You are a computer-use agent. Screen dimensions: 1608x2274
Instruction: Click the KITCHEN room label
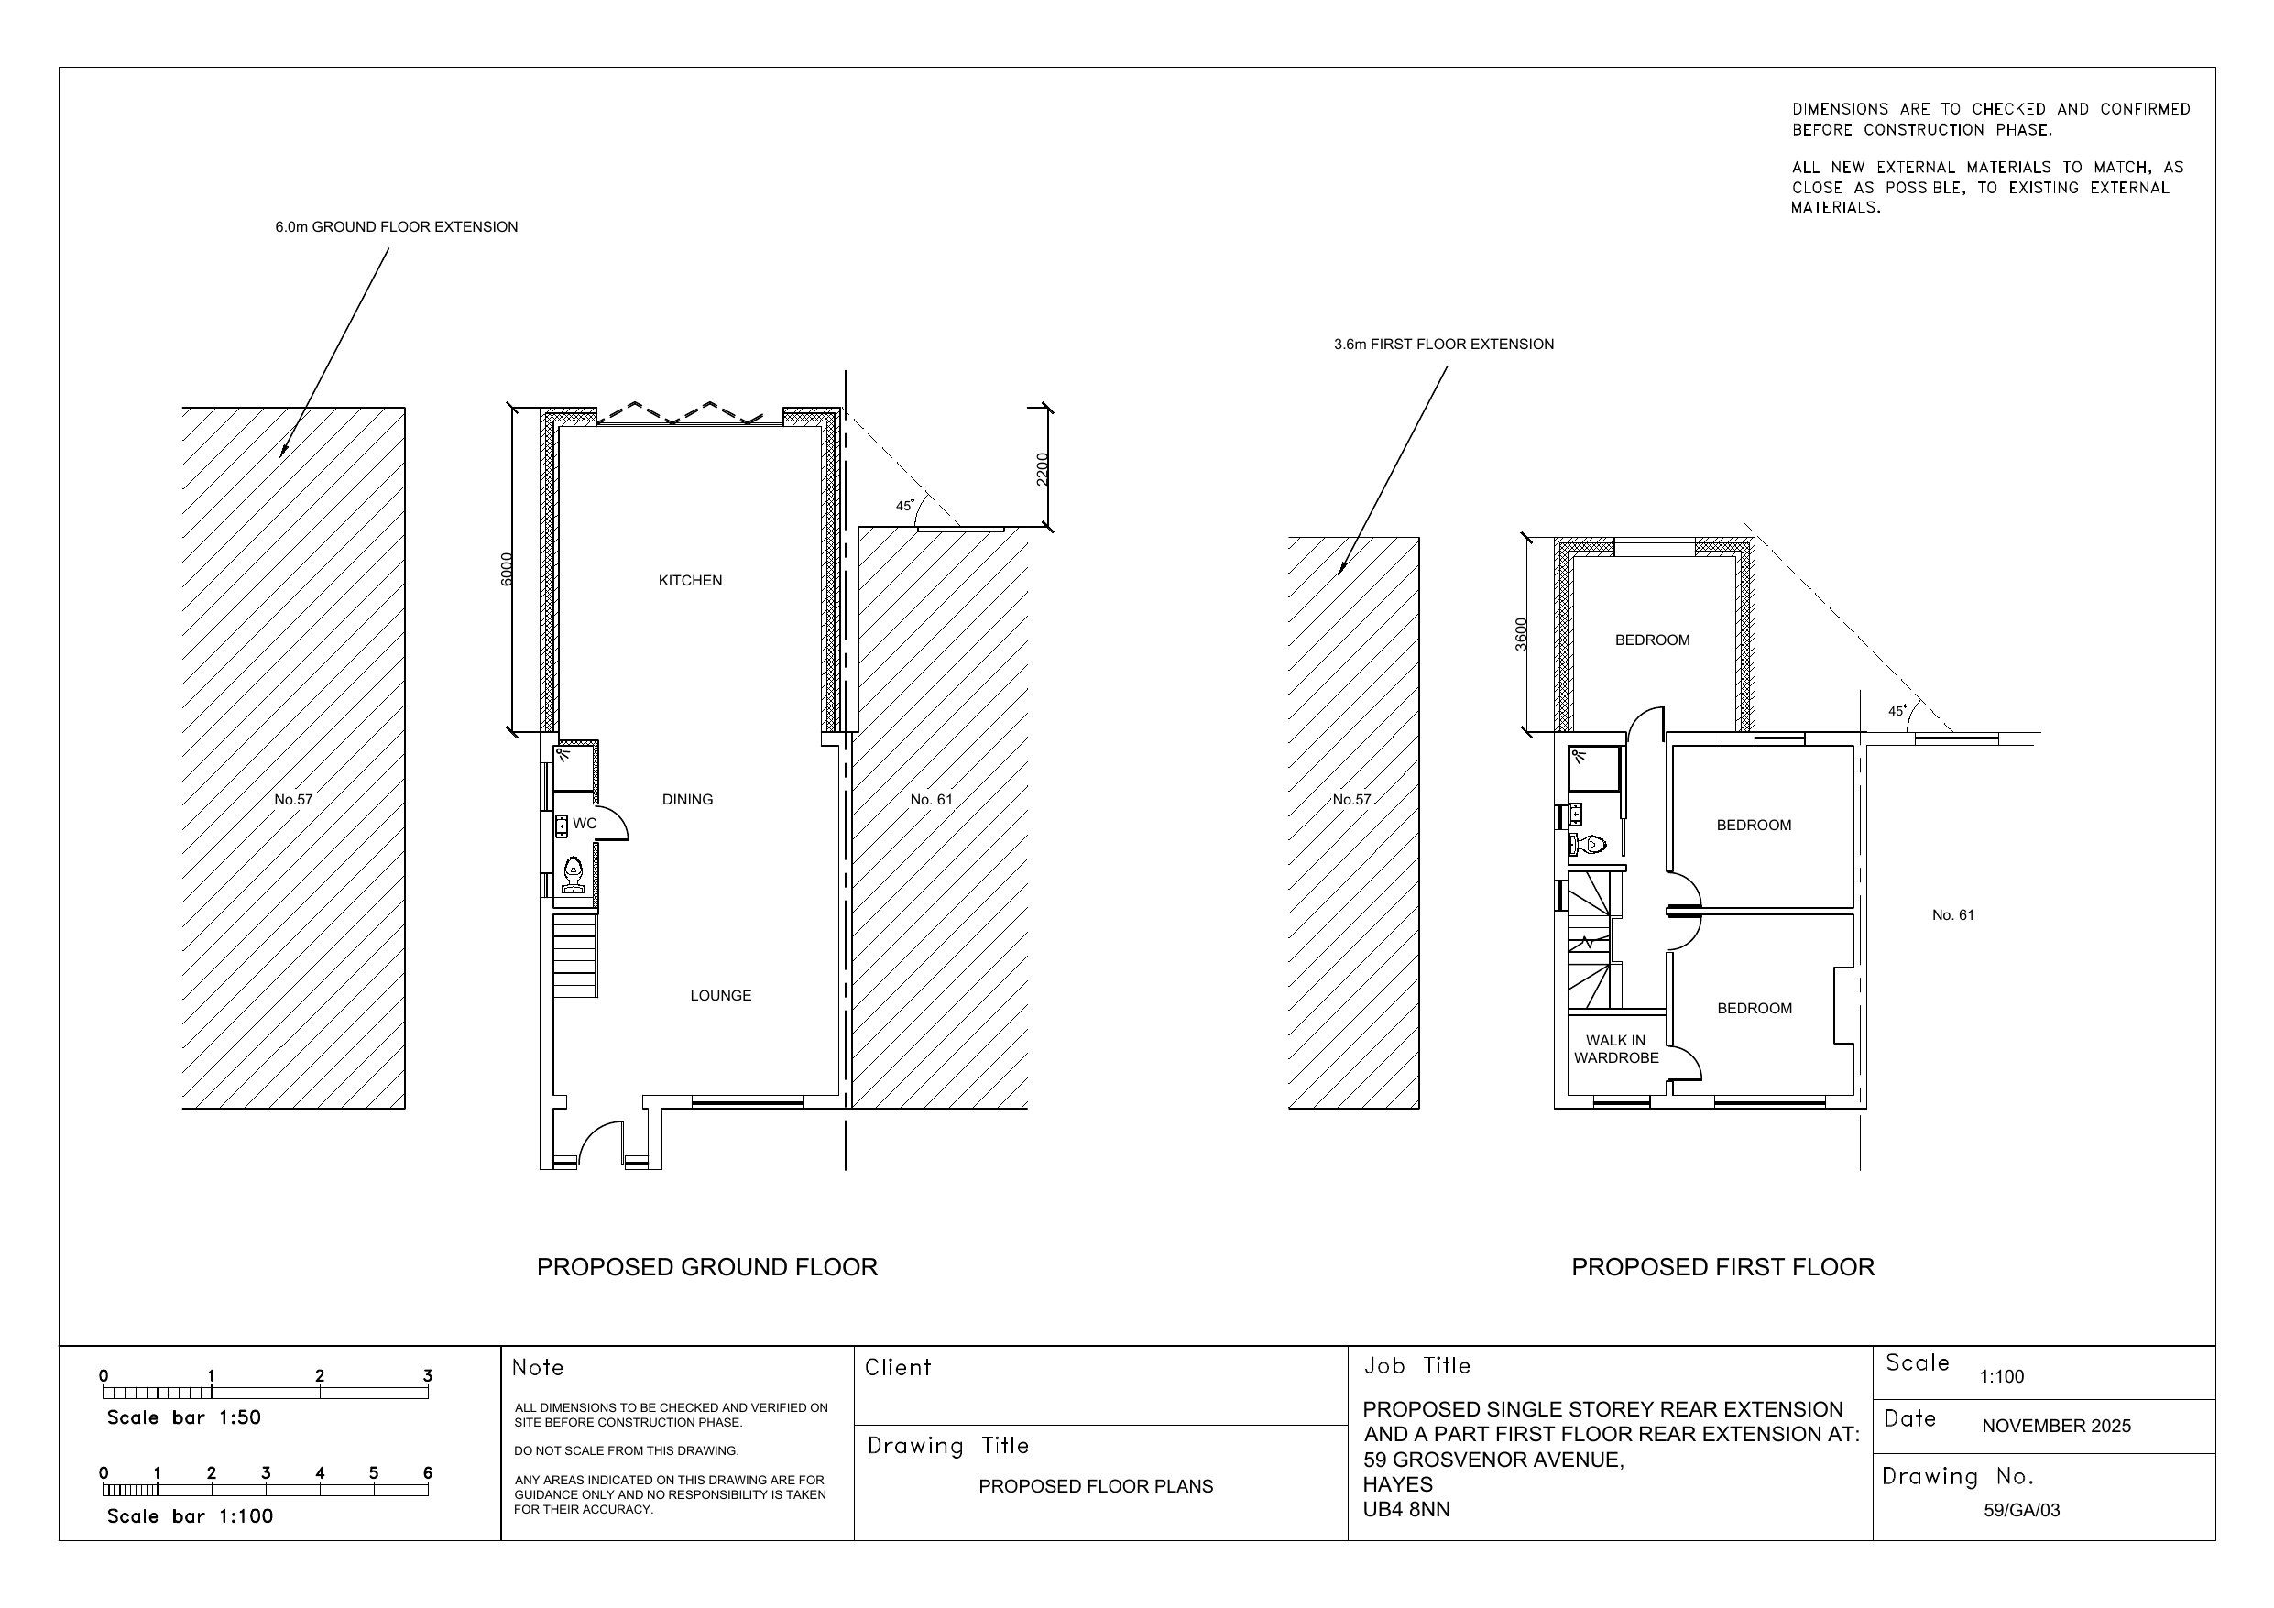tap(689, 581)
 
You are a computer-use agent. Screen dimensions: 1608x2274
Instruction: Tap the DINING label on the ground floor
tap(686, 800)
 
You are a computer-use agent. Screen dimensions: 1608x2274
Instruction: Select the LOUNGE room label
tap(720, 996)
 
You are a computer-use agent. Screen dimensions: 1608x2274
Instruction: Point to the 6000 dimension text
tap(507, 569)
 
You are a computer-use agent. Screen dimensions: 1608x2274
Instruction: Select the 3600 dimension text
tap(1521, 634)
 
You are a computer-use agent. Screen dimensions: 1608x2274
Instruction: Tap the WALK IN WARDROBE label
tap(1615, 1049)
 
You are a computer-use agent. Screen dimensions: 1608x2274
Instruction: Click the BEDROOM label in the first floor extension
tap(1652, 640)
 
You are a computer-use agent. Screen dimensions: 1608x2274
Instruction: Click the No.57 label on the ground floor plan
tap(293, 800)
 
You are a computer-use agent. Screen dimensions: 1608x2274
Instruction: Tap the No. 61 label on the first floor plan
tap(1952, 915)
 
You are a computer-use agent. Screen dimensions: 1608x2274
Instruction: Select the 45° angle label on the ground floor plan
tap(905, 505)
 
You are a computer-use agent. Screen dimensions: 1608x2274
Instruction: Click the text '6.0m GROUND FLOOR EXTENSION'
tap(396, 227)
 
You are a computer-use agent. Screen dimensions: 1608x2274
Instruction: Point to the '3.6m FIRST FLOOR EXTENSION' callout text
tap(1443, 345)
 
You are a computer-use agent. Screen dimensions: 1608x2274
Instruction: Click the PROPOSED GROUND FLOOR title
tap(706, 1267)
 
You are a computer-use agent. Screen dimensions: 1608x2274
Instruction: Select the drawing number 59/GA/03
tap(2020, 1511)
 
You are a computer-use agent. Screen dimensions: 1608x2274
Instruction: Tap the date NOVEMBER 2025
tap(2056, 1427)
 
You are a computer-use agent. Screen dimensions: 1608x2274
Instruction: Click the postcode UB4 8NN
tap(1405, 1510)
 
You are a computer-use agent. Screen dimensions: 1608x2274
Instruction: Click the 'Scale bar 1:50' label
tap(183, 1417)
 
